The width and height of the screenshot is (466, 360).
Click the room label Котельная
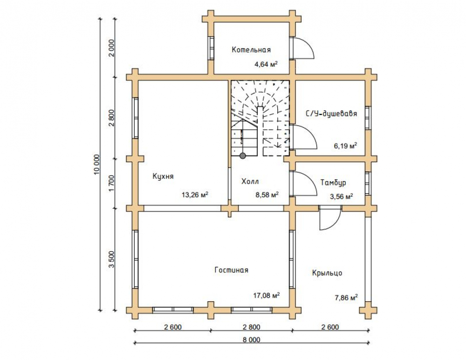251,50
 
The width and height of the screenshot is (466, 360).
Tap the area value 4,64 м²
266,64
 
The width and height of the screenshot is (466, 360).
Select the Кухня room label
163,177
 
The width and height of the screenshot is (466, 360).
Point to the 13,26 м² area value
194,195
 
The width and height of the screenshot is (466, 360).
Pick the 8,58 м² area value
267,195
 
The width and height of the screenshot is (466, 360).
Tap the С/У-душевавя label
331,114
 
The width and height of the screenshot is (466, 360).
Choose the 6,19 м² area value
345,146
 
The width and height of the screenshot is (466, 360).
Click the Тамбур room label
333,183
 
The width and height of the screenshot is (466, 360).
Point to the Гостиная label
232,270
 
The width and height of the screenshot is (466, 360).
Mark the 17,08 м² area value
267,295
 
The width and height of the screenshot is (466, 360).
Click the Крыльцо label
327,273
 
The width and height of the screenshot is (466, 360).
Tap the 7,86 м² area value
346,297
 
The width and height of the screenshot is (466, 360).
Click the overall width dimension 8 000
251,340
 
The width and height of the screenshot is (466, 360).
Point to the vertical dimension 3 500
112,259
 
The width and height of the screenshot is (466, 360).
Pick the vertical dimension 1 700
112,183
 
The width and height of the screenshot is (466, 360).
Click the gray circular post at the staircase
243,156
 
